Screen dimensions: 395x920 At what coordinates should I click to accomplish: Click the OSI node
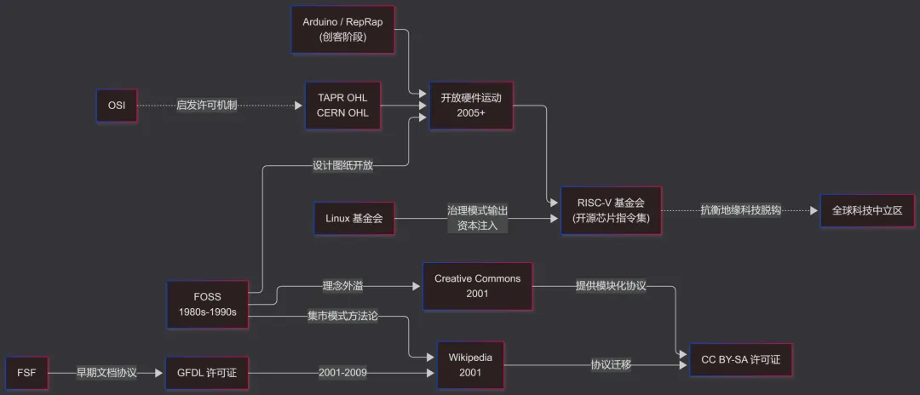117,106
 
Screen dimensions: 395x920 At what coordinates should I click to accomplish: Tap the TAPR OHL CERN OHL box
342,106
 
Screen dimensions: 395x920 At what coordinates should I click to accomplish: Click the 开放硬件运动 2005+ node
471,106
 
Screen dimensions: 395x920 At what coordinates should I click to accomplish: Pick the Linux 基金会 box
354,219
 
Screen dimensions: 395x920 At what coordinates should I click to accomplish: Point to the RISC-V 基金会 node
610,210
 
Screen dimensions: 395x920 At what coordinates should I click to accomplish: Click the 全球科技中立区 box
866,210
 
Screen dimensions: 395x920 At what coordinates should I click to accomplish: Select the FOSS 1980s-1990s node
207,305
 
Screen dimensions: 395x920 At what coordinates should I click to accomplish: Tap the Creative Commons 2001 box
477,286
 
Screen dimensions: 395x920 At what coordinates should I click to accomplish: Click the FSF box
26,372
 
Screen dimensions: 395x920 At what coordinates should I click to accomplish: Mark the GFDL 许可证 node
207,372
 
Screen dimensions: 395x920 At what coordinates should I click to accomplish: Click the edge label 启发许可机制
207,106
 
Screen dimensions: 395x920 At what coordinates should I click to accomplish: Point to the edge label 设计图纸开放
342,165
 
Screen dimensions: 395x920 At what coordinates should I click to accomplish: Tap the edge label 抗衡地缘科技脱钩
741,210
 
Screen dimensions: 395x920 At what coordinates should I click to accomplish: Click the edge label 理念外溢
343,286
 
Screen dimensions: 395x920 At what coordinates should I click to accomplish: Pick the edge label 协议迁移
612,365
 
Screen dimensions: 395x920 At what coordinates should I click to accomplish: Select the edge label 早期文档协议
106,372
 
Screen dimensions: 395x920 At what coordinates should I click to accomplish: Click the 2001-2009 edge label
342,372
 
